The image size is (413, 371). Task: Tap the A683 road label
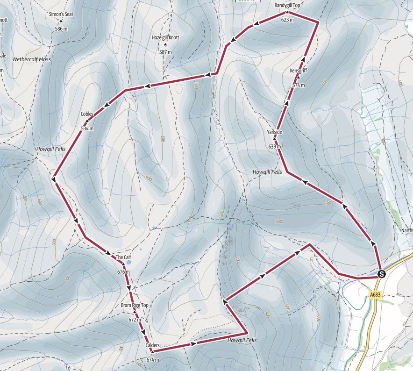(x=375, y=295)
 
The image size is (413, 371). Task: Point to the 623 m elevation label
(x=287, y=20)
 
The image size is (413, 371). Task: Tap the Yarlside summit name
(x=275, y=132)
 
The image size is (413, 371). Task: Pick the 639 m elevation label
(x=275, y=147)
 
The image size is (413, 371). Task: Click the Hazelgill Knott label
(x=165, y=38)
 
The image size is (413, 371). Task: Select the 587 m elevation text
(x=165, y=52)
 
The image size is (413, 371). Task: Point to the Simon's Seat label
(x=61, y=14)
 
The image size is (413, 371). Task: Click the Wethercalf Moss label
(x=32, y=60)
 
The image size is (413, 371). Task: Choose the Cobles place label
(x=87, y=114)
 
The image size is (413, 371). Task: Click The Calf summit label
(x=122, y=257)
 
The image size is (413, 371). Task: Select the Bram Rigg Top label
(x=135, y=306)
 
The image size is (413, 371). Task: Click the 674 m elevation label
(x=153, y=360)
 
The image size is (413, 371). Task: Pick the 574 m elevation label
(x=298, y=86)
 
